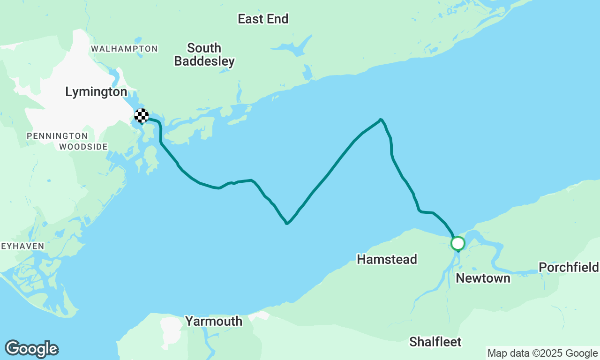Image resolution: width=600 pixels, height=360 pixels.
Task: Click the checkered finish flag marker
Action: click(142, 116)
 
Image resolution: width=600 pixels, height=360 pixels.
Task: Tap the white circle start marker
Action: click(458, 243)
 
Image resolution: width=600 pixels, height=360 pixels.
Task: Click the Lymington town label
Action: click(96, 92)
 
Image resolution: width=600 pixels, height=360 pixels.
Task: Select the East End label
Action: click(263, 19)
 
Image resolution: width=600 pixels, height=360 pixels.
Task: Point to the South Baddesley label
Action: click(204, 54)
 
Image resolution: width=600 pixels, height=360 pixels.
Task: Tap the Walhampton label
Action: click(124, 49)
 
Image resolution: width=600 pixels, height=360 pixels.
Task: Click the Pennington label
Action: click(57, 136)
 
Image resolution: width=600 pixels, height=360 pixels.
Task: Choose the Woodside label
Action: click(83, 147)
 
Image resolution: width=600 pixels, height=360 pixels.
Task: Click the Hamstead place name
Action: click(387, 259)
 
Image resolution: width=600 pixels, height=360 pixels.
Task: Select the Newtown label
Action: click(483, 278)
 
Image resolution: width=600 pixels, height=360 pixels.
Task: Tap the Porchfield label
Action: click(569, 267)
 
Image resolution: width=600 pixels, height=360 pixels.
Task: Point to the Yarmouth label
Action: click(213, 321)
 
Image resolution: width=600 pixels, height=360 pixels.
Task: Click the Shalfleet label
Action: click(435, 342)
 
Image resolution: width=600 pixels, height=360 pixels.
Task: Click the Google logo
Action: click(32, 349)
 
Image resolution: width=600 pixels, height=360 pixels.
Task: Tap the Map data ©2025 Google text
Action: click(542, 353)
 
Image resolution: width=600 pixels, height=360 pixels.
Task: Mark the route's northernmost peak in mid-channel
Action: click(380, 120)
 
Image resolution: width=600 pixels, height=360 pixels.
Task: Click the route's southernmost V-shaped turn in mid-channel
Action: click(286, 224)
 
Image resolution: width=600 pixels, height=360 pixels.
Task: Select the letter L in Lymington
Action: click(69, 92)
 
